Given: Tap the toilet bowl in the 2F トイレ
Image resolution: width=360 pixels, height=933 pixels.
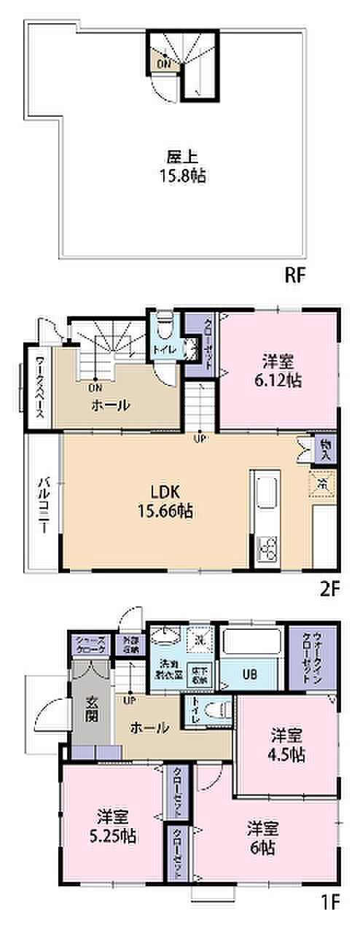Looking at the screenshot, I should pyautogui.click(x=163, y=321).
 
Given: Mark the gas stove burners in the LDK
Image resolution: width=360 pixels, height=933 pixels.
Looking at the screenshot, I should pyautogui.click(x=267, y=547).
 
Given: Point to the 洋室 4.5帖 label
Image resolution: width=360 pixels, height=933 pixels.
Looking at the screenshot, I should pyautogui.click(x=284, y=746).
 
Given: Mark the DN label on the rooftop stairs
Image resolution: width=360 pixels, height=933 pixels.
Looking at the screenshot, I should pyautogui.click(x=163, y=63).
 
